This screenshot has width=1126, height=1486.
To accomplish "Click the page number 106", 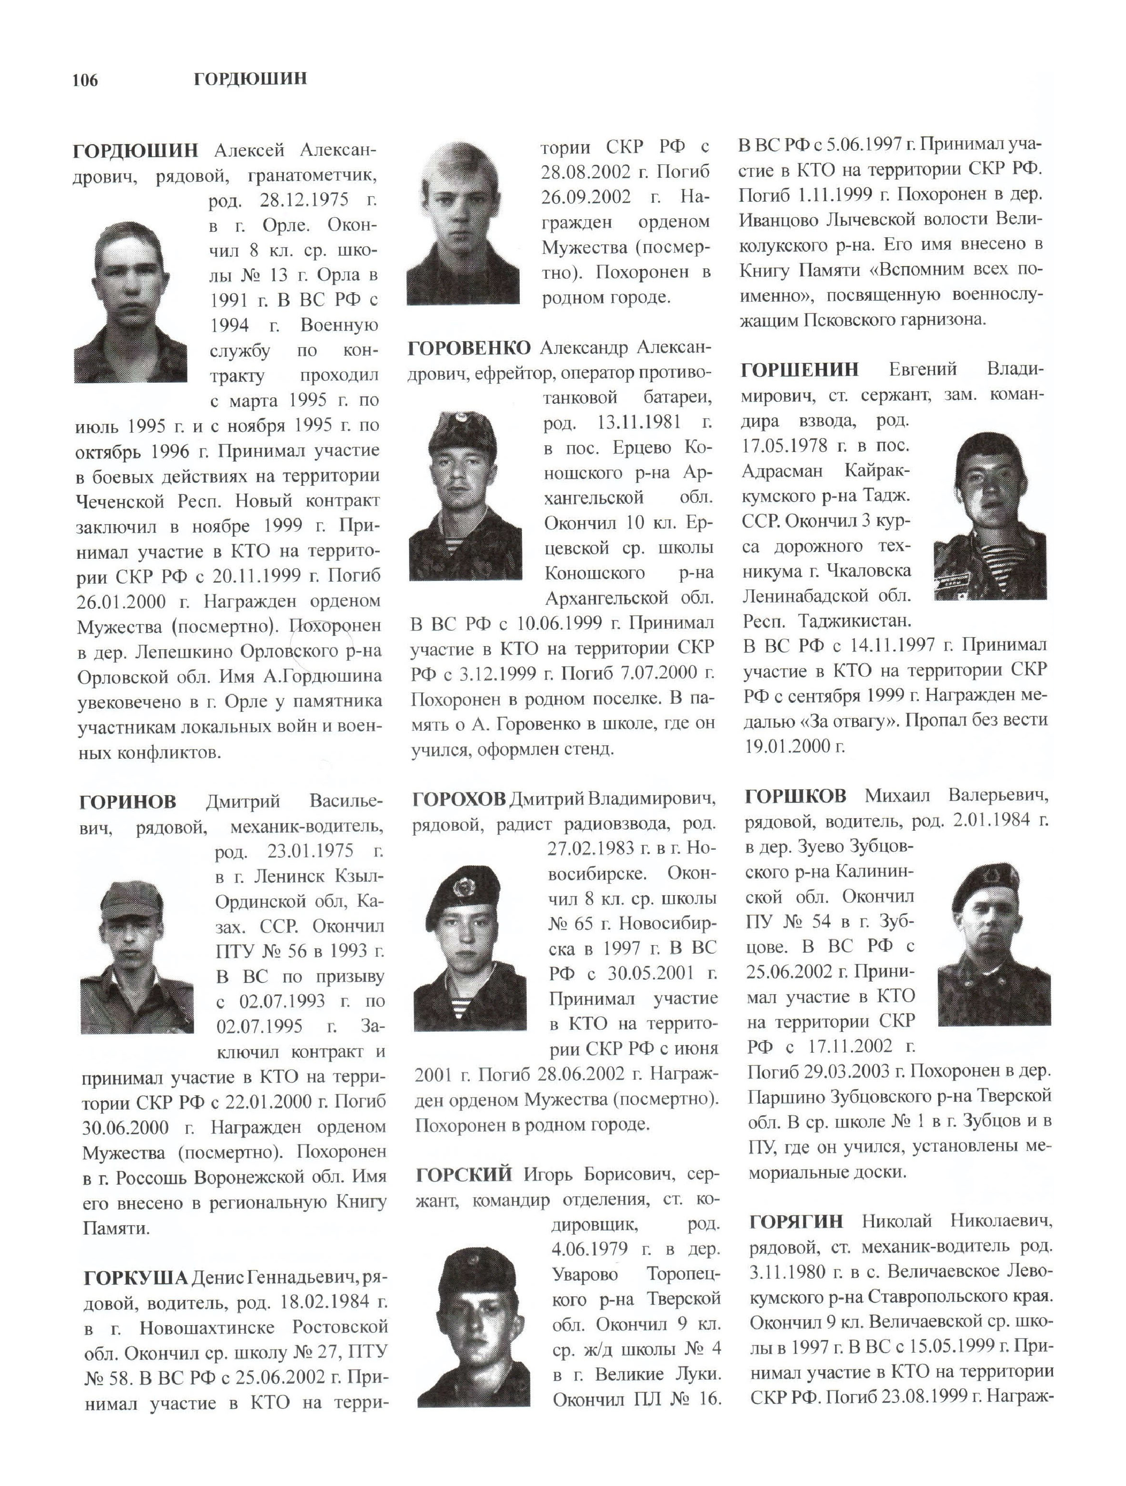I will (x=85, y=81).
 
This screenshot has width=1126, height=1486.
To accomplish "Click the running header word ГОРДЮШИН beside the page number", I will (x=250, y=79).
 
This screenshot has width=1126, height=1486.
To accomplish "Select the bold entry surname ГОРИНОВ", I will (x=127, y=802).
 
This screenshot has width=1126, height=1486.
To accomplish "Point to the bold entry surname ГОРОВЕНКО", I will (x=469, y=348).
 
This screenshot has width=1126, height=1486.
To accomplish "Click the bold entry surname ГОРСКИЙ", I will (x=463, y=1174).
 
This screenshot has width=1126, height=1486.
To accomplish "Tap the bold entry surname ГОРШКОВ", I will (x=795, y=796).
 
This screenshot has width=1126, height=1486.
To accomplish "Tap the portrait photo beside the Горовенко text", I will (x=466, y=495).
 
